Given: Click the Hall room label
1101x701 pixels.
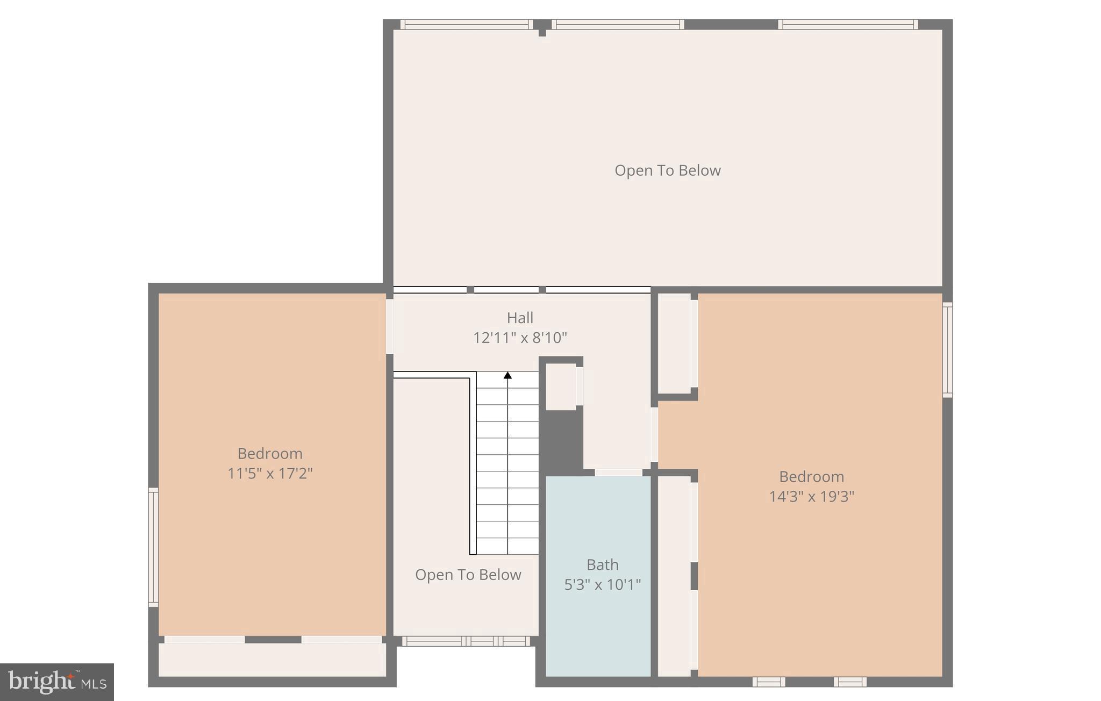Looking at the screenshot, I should tap(520, 318).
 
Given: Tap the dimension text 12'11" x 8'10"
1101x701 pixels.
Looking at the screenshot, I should tap(520, 338).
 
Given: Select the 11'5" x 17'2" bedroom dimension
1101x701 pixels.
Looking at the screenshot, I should tap(270, 473).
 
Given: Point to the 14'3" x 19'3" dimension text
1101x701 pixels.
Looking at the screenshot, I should tap(811, 496).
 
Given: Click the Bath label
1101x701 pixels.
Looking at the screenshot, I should tap(602, 564).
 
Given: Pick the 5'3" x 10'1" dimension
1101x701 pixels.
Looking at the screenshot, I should tap(602, 584).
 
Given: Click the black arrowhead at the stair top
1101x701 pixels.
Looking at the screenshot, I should tap(507, 375).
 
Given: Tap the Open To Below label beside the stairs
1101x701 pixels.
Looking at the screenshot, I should tap(468, 575).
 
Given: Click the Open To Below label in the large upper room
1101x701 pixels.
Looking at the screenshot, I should tap(667, 170).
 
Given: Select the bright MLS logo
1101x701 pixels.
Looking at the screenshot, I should tap(57, 682).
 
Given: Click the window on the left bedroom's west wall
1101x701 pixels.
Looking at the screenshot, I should tap(153, 547).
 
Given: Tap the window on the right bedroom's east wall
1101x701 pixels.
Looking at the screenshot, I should tap(947, 349).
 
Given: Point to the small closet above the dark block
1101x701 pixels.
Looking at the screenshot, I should tap(561, 387).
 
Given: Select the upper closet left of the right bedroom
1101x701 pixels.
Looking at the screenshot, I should tap(674, 342).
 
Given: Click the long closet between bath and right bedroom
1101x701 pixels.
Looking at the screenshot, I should tap(674, 575).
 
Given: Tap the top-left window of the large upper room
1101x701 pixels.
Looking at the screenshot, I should tap(466, 24).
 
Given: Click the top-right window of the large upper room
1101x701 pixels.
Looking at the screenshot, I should tap(848, 24).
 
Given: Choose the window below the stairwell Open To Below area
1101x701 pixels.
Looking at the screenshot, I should tap(466, 641).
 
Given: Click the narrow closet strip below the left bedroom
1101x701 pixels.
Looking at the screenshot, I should tap(271, 660).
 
